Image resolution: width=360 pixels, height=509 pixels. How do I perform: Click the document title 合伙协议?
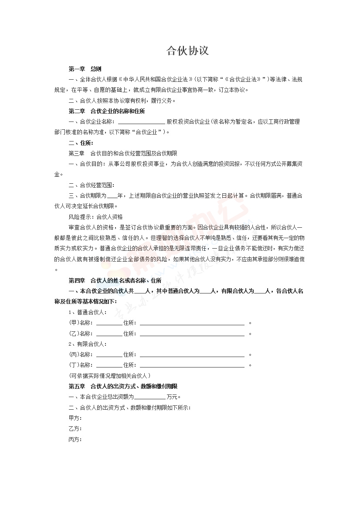[188, 51]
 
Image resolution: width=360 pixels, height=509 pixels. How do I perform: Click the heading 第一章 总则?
[85, 69]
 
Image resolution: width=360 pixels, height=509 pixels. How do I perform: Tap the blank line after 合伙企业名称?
[141, 122]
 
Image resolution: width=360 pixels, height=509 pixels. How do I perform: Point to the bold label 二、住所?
[81, 143]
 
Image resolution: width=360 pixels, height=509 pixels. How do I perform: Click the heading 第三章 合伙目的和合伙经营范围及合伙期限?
[123, 153]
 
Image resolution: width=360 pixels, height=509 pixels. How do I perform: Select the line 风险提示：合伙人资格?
[96, 217]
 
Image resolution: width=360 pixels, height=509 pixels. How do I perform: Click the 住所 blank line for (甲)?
[192, 323]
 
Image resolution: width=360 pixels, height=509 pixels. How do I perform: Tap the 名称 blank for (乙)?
[109, 334]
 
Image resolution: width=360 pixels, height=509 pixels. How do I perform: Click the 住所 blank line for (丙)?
[192, 355]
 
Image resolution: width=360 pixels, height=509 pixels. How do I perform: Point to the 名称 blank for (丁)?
[109, 365]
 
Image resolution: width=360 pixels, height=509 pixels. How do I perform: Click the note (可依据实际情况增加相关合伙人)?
[110, 375]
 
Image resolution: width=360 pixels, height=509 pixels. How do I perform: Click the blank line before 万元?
[150, 397]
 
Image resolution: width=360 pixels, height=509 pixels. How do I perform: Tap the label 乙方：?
[75, 429]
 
